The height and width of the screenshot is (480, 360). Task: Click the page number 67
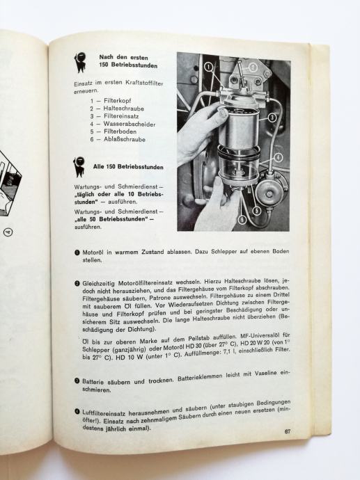[287, 431]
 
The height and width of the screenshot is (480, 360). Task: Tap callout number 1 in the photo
[208, 67]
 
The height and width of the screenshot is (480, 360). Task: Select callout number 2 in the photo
[253, 67]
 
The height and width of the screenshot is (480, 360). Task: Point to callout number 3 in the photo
[272, 118]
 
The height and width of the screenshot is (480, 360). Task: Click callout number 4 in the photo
[278, 158]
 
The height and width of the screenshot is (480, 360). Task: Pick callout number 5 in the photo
[256, 211]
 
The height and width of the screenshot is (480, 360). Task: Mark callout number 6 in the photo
[243, 220]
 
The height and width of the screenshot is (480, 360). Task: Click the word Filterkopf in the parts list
[118, 101]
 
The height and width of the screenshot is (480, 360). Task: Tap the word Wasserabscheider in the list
[130, 125]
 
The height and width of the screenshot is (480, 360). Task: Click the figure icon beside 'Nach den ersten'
[81, 62]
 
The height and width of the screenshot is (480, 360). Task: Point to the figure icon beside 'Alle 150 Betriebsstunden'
[79, 167]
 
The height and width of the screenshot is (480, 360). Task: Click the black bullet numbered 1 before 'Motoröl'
[77, 253]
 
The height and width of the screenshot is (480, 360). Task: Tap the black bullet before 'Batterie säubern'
[77, 381]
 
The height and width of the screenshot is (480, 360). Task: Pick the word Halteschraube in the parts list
[124, 109]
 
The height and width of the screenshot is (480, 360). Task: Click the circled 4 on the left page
[8, 232]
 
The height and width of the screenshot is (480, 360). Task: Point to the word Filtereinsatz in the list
[121, 116]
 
